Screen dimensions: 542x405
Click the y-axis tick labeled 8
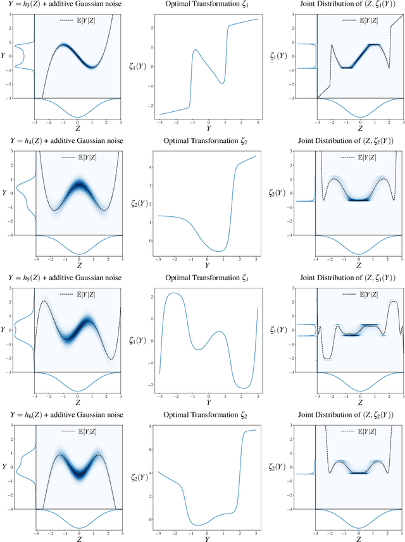point(151,428)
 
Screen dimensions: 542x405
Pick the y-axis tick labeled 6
point(151,451)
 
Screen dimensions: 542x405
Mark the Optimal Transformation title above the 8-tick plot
point(208,414)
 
